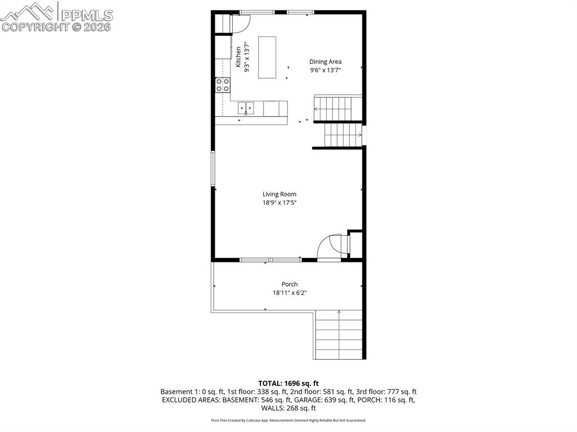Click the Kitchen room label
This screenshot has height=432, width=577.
point(238,57)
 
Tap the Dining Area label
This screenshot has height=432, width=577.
point(325,62)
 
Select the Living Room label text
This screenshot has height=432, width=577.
point(279,194)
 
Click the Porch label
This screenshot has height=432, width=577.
point(290,284)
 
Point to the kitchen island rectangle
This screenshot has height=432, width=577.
point(267,57)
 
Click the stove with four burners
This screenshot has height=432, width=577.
point(223,85)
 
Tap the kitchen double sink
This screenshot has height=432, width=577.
point(246,107)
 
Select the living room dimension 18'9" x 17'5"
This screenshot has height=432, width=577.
point(279,203)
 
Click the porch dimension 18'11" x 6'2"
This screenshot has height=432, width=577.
point(290,293)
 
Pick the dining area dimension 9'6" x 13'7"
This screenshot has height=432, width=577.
point(325,70)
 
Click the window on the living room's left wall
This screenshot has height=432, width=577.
point(213,168)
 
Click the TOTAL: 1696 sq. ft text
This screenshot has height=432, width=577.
point(288,384)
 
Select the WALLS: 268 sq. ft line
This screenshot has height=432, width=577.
point(288,408)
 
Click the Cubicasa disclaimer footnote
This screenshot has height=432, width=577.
point(288,420)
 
